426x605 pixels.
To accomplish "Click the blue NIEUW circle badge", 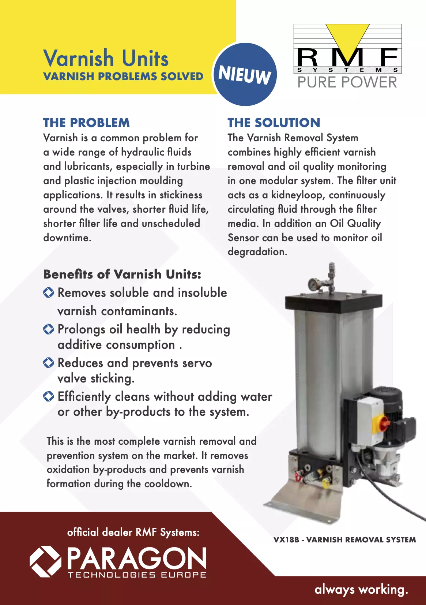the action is coord(245,74).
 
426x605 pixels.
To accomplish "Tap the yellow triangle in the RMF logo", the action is coord(347,38).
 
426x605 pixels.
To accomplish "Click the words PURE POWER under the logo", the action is coord(347,82).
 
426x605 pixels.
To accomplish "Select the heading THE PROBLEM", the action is coord(86,123).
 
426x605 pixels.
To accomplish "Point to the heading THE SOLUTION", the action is coord(274,123).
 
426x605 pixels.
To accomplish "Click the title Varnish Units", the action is coord(106,58).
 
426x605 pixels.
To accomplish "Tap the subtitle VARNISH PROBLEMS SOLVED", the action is coord(123,76).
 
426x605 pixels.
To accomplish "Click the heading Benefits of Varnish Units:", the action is coord(122,274).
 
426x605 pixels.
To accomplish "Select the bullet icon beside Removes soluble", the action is coord(49,292).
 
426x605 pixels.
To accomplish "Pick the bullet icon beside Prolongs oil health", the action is coord(49,329).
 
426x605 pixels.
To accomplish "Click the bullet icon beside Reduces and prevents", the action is coord(49,363).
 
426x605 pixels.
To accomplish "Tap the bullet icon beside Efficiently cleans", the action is coord(49,396).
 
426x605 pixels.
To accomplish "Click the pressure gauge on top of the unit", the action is coord(313,284).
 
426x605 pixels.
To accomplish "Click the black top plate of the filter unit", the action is coord(334,302).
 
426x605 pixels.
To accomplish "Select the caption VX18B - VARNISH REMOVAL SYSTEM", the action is coord(344,539).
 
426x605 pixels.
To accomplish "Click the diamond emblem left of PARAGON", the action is coord(45,561).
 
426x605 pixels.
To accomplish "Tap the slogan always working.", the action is coord(361,589).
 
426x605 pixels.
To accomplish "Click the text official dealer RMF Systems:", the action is coord(133,532).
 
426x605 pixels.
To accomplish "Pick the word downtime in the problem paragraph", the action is coord(67,238).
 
